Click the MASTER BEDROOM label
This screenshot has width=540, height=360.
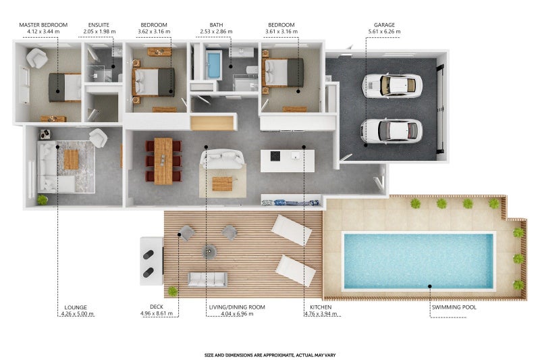click(x=43, y=25)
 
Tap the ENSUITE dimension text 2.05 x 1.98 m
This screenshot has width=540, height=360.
click(x=99, y=31)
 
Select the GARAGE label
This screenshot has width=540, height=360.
click(x=384, y=25)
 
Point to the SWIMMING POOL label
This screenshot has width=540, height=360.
click(x=454, y=307)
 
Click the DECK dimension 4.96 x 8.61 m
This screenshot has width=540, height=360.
click(x=159, y=313)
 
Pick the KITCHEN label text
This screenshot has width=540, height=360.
click(x=321, y=307)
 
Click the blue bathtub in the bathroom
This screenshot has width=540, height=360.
click(x=214, y=65)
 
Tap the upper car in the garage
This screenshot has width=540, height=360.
click(x=392, y=86)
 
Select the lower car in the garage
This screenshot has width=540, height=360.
click(x=391, y=131)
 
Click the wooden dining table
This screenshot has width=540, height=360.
click(x=163, y=161)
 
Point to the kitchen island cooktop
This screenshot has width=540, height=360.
click(x=275, y=157)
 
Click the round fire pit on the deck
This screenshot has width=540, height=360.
click(x=209, y=251)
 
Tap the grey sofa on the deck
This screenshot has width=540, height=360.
click(x=207, y=280)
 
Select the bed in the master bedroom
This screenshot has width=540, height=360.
click(x=65, y=88)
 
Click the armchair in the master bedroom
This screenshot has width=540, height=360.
click(x=37, y=58)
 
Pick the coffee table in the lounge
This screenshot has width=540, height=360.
click(x=72, y=159)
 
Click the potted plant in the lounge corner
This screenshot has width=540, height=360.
click(x=43, y=200)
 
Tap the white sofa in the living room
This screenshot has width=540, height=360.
click(x=223, y=159)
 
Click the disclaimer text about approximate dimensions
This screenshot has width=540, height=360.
click(x=270, y=355)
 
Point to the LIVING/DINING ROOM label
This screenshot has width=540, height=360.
click(x=237, y=307)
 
